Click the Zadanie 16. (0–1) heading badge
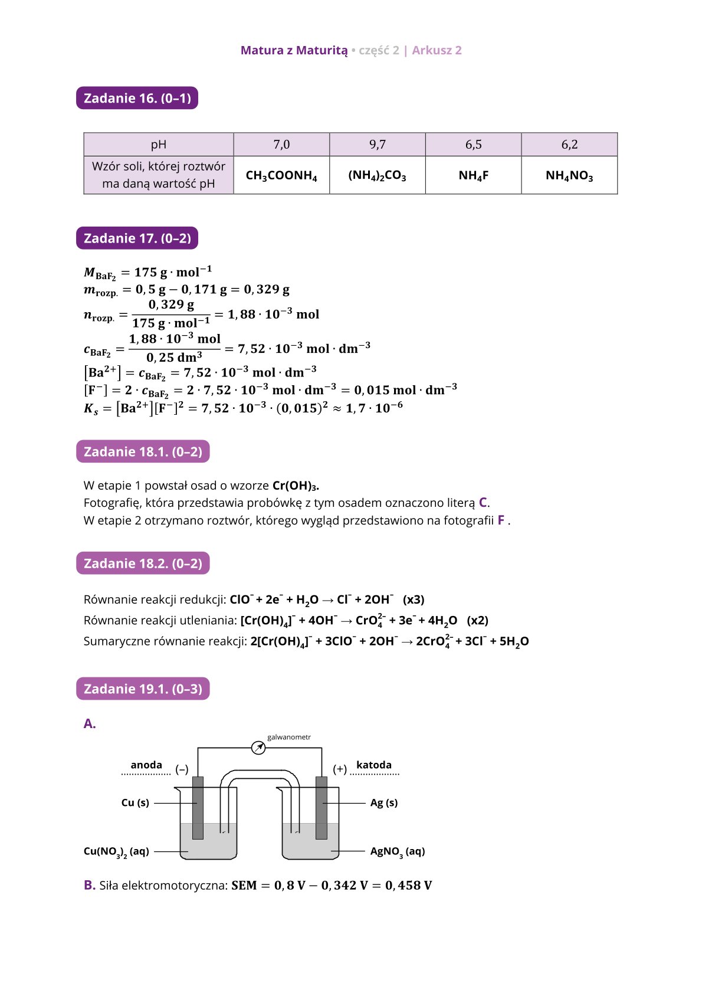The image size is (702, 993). point(137,98)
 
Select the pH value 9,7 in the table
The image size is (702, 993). point(378,145)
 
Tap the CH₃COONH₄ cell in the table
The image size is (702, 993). point(281,176)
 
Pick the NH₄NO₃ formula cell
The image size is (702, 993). point(569,176)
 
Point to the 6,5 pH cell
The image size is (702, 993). point(473,145)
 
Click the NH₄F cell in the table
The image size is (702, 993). point(473,176)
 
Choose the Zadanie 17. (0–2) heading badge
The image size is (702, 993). point(137,238)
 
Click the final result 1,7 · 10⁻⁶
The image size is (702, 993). point(374,408)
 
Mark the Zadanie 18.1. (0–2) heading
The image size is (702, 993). point(143,452)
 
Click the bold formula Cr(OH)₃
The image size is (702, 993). point(295,486)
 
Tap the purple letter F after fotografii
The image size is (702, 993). point(501,520)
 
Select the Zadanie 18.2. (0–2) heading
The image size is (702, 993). point(143,563)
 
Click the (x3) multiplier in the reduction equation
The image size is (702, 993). point(414,599)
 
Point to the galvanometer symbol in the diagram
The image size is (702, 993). point(258,748)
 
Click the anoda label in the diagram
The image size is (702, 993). point(146,765)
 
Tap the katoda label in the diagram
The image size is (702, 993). point(374,765)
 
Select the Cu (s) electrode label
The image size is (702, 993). point(135,802)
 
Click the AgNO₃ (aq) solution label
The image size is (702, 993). point(397,851)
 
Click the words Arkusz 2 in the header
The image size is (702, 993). point(437,50)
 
